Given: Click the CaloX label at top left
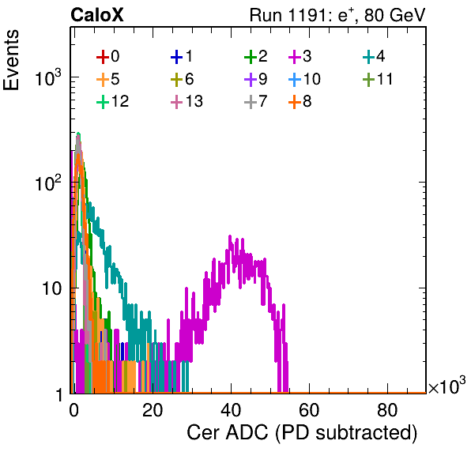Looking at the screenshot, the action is [x=97, y=15].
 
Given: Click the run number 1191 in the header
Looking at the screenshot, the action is [x=307, y=15].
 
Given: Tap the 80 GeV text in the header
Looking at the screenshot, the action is [x=394, y=15].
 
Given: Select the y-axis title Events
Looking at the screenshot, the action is [x=11, y=60].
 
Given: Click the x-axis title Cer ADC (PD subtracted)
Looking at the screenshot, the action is [x=302, y=433].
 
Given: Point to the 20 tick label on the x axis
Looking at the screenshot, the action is [x=153, y=410].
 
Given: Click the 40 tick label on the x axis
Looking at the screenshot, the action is [x=231, y=410].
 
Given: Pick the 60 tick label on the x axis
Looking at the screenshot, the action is [x=309, y=410].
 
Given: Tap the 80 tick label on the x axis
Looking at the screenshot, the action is [x=387, y=410].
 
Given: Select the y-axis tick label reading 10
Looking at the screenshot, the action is [x=52, y=288].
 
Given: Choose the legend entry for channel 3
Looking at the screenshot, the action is [x=300, y=56].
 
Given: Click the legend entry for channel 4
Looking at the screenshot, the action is [x=374, y=56].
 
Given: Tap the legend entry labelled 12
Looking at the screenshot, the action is [x=113, y=101].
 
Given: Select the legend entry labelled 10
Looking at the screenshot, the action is [x=304, y=79].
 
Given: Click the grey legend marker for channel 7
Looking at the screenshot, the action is [x=251, y=102].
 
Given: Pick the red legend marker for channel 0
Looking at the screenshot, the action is [x=103, y=57].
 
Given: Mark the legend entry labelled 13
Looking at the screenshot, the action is [x=187, y=101].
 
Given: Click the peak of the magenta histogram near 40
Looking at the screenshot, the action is [x=230, y=236].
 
